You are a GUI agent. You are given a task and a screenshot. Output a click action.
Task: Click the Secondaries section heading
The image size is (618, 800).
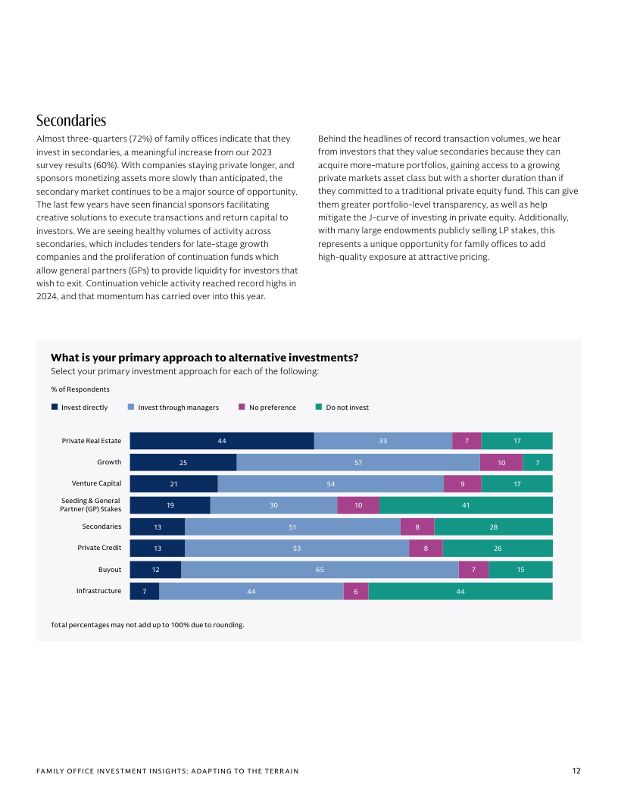point(71,121)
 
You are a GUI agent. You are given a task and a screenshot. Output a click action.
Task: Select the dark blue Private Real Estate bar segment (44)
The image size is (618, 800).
point(222,441)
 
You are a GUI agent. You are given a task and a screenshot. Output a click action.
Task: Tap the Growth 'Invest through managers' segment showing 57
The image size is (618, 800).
point(357,462)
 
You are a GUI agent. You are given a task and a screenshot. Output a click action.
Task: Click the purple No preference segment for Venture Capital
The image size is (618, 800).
point(462,483)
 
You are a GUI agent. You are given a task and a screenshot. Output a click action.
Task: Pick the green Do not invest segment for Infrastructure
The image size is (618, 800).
point(460,591)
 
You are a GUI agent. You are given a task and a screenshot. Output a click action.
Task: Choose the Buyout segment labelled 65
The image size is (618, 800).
point(320,570)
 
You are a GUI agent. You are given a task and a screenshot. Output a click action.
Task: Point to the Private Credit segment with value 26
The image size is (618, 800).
point(498,548)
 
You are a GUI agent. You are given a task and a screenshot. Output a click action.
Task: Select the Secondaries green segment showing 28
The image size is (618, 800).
point(493,527)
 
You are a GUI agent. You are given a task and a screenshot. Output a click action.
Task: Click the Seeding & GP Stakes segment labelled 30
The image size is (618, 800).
point(273,505)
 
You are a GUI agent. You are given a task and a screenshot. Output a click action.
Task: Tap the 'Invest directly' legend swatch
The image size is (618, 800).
point(55,407)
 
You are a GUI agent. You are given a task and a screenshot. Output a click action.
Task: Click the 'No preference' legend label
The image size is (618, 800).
point(273,408)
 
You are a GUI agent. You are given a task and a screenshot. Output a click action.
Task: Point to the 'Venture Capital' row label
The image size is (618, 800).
point(96,483)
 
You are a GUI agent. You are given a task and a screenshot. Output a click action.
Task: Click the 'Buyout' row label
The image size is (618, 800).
point(109,569)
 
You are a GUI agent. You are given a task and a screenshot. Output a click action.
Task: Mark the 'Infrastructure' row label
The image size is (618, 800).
point(98,591)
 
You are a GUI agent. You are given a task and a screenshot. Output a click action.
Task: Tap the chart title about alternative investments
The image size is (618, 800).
point(204,358)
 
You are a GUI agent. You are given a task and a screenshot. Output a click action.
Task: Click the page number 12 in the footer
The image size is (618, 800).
point(576,771)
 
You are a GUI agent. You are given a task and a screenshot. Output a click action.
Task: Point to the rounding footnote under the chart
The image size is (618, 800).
point(147,625)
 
